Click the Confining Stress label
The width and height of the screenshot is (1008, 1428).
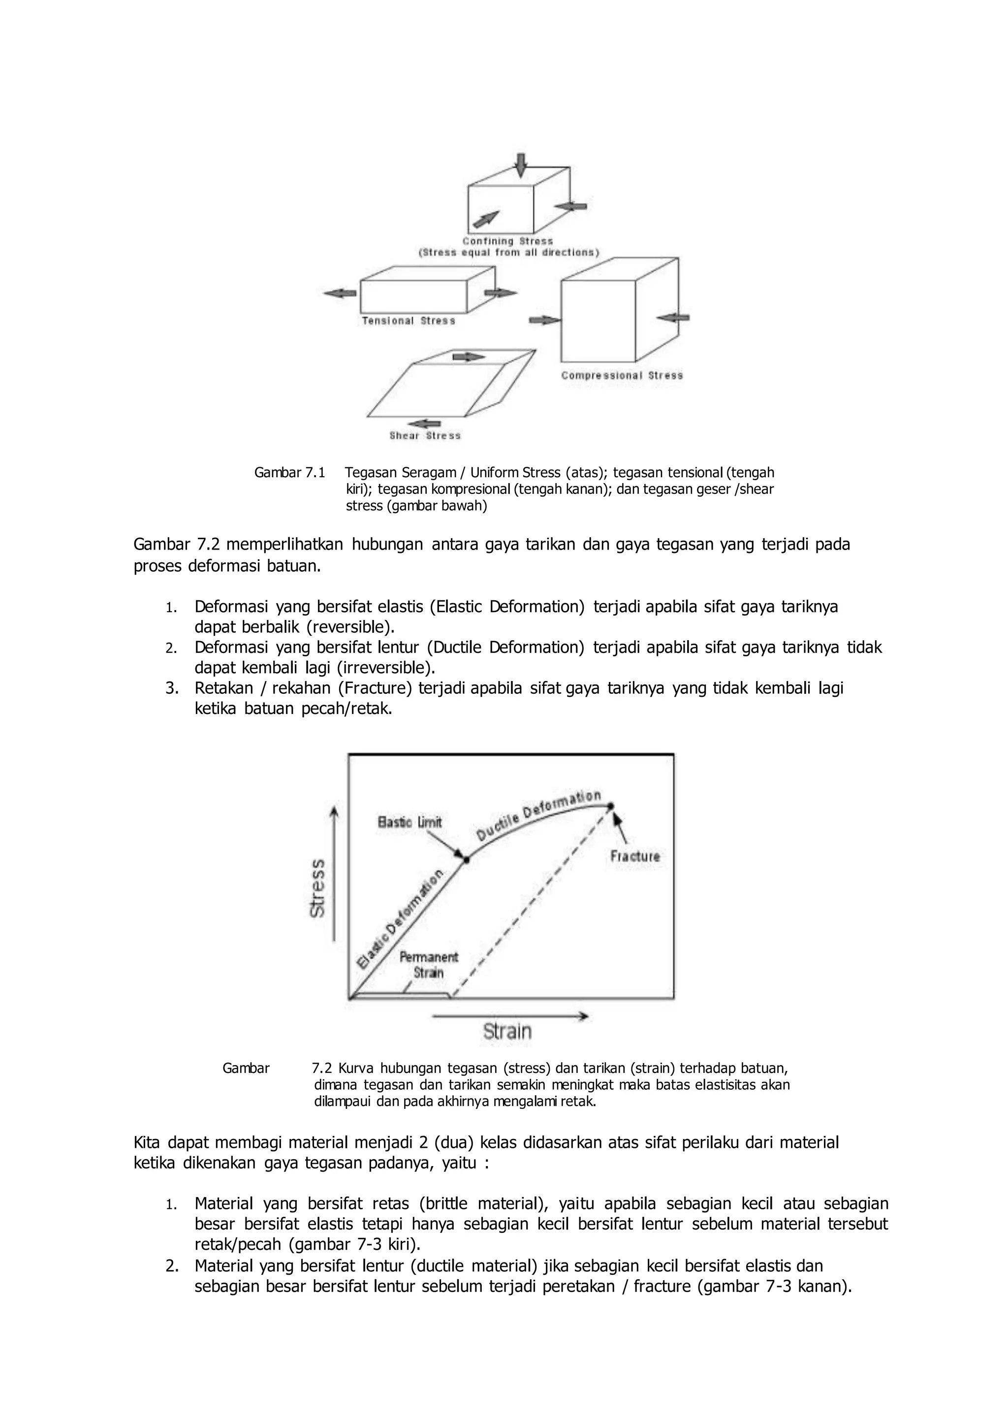click(507, 241)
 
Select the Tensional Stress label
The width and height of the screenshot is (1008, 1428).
click(409, 321)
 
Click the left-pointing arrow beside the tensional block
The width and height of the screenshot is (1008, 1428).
click(340, 293)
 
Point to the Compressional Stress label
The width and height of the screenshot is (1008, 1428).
click(622, 376)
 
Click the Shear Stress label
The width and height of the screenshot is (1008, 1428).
click(425, 436)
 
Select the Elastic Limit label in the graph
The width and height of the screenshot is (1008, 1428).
click(410, 822)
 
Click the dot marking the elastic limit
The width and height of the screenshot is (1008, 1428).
click(467, 860)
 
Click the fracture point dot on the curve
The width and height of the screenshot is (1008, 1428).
click(611, 806)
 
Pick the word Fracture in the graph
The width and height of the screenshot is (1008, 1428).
click(635, 856)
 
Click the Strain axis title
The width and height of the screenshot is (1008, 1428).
click(507, 1032)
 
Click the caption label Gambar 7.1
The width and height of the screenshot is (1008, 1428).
click(290, 473)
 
